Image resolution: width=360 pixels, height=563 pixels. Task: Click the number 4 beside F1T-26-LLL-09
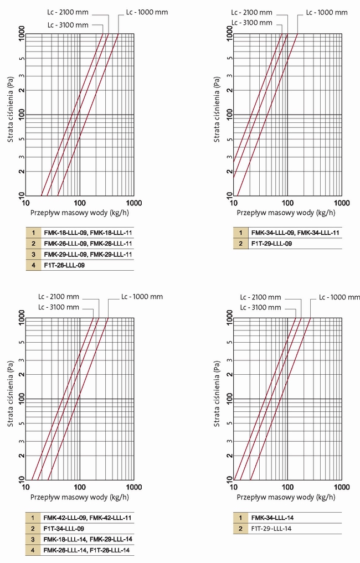33,265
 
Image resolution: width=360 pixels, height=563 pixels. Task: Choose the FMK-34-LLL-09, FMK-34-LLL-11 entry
295,233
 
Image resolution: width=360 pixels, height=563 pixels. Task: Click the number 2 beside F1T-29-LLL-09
240,244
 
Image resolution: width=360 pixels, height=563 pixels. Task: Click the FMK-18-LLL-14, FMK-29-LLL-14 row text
88,539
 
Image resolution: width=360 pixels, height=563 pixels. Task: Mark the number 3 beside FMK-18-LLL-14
33,539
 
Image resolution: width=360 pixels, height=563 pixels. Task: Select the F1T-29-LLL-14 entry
271,529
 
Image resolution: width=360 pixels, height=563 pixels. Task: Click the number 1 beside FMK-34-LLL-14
240,518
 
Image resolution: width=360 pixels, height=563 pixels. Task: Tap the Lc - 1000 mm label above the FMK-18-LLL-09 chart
147,12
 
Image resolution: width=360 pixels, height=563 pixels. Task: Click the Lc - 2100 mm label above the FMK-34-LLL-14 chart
260,297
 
